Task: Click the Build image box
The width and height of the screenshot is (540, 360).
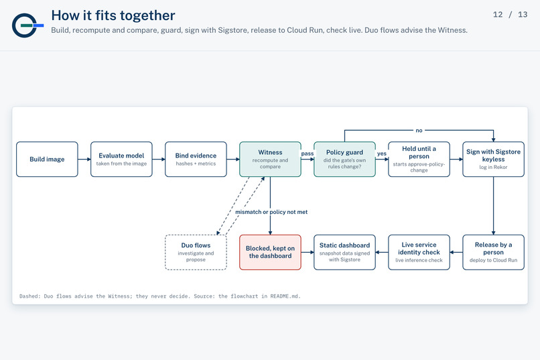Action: tap(47, 159)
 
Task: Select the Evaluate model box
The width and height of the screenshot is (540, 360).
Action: tap(121, 159)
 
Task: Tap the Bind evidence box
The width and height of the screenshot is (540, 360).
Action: tap(196, 159)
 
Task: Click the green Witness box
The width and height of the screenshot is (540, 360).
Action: tap(271, 159)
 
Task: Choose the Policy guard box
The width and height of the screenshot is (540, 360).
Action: tap(345, 159)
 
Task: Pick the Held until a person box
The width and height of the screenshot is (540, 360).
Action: tap(419, 159)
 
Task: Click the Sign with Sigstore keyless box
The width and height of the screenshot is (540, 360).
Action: tap(494, 159)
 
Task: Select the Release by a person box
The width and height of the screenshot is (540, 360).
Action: tap(494, 252)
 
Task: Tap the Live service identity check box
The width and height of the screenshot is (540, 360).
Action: tap(419, 252)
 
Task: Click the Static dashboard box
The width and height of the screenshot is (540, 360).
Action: tap(345, 252)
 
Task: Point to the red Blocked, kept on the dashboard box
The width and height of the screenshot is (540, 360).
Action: tap(271, 252)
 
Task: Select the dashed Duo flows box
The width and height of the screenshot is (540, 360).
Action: tap(196, 252)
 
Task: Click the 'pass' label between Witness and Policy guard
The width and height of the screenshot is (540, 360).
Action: tap(308, 154)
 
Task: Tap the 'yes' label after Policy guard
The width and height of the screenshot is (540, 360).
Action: tap(382, 154)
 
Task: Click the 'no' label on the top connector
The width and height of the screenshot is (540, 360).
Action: tap(419, 131)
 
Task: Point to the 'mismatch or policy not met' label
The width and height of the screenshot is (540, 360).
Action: tap(271, 212)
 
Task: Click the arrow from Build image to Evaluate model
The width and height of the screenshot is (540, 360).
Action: tap(84, 159)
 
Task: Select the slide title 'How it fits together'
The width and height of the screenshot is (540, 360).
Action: tap(113, 15)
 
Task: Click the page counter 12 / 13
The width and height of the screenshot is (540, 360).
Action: tap(510, 15)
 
